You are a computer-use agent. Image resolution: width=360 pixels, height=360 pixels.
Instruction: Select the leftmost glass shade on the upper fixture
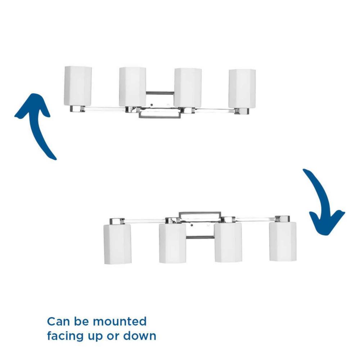pos(78,86)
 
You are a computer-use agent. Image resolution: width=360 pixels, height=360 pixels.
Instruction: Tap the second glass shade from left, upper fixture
pos(132,87)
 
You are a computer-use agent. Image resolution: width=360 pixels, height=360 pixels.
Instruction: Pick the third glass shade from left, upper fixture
pos(188,87)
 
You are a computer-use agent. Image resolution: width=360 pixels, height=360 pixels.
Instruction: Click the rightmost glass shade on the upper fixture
pos(242,89)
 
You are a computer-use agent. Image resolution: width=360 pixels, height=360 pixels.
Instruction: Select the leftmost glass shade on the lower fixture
pos(117,244)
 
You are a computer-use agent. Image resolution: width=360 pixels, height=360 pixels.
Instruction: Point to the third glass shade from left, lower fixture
pos(228,242)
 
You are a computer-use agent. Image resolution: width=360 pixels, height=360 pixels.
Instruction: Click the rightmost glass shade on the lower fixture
pos(283,242)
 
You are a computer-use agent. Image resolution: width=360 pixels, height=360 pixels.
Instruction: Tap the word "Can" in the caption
pos(58,321)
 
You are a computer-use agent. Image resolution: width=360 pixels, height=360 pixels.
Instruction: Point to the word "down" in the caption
pos(140,336)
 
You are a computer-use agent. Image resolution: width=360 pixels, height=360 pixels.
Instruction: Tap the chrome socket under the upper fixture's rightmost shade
pos(242,111)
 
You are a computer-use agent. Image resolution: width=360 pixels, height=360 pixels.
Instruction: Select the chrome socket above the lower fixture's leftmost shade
pos(117,221)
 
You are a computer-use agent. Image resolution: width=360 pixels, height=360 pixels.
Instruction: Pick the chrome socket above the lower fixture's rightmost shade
pos(282,219)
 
